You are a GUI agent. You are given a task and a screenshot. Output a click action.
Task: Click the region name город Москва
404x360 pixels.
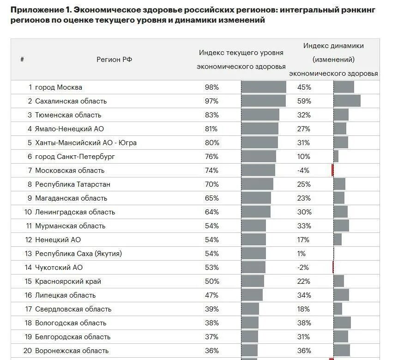[59, 87]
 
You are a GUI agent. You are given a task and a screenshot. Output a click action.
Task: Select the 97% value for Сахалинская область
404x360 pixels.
[211, 101]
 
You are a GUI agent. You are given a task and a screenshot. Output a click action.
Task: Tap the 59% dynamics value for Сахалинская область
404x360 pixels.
[304, 101]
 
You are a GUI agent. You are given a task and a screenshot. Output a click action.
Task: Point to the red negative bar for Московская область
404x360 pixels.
[332, 170]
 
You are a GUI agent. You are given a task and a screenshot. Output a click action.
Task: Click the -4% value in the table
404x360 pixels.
[304, 171]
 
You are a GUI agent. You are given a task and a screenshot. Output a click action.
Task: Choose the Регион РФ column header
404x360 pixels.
[115, 59]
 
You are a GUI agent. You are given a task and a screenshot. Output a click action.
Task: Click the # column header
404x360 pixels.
[22, 59]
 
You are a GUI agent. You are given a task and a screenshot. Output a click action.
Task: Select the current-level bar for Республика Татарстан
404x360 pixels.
[257, 184]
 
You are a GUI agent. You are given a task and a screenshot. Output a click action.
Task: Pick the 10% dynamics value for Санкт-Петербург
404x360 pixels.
[304, 157]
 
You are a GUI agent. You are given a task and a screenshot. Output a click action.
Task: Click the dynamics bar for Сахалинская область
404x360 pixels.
[347, 101]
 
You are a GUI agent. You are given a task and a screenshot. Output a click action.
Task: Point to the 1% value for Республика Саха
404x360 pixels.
[302, 254]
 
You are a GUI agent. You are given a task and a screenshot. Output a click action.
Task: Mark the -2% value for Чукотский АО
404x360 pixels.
[304, 268]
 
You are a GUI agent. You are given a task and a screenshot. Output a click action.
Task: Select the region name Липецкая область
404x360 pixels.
[65, 295]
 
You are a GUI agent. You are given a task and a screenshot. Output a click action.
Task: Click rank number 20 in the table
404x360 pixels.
[27, 351]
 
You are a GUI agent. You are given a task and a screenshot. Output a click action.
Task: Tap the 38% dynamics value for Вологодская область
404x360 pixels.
[304, 323]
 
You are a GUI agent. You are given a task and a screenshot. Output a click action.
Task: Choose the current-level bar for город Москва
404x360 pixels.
[264, 87]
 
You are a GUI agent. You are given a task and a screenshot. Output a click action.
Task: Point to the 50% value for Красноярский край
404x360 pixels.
[211, 281]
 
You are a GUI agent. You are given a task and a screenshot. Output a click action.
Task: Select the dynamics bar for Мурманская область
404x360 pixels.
[341, 226]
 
